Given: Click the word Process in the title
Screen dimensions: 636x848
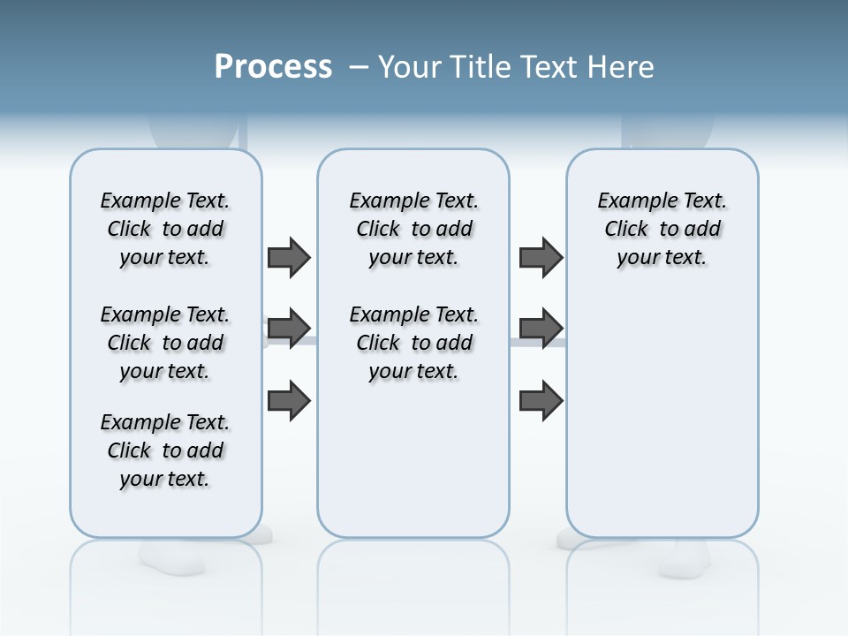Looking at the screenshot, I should click(273, 66).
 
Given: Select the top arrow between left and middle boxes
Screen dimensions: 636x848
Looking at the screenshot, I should click(289, 257).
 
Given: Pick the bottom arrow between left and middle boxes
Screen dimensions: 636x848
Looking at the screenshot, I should click(289, 401).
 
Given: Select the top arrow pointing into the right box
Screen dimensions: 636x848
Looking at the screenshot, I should click(541, 257).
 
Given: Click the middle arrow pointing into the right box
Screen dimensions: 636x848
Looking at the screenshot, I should click(541, 328).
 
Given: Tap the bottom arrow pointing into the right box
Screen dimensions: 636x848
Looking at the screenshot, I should click(541, 401).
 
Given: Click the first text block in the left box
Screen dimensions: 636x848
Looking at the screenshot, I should click(165, 229).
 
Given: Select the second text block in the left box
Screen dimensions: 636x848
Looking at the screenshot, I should click(165, 343).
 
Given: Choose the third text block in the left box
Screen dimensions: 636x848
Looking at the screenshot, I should click(165, 450).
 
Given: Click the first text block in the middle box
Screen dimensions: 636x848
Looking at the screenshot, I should click(413, 229).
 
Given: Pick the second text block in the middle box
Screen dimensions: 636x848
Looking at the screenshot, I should click(413, 343).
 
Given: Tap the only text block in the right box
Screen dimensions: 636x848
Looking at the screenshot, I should click(662, 229).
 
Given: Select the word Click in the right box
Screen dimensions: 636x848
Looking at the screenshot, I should click(626, 230).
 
